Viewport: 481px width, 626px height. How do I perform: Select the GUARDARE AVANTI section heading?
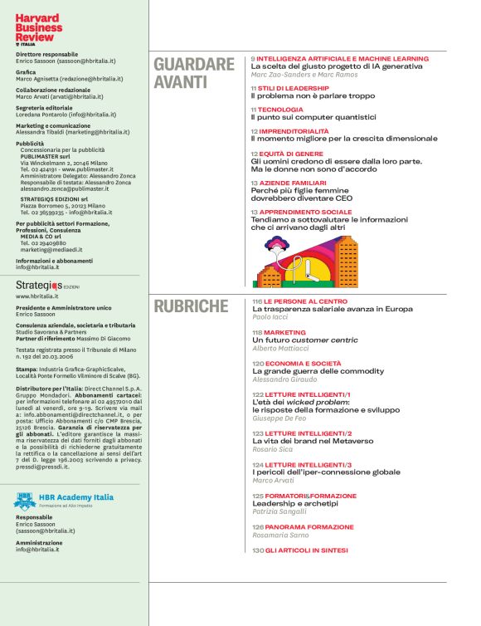pos(194,73)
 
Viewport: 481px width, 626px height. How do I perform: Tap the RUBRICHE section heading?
pos(191,306)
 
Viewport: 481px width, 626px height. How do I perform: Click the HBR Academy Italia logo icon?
pos(24,501)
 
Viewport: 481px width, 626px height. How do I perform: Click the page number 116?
pos(257,301)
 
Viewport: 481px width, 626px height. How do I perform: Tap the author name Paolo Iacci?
pos(273,317)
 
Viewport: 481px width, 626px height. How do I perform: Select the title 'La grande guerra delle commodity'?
pos(319,371)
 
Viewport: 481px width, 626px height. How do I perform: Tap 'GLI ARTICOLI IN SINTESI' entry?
pos(307,550)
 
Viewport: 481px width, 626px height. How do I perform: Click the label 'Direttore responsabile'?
pos(43,52)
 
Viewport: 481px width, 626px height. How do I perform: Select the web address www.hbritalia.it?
pos(37,296)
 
